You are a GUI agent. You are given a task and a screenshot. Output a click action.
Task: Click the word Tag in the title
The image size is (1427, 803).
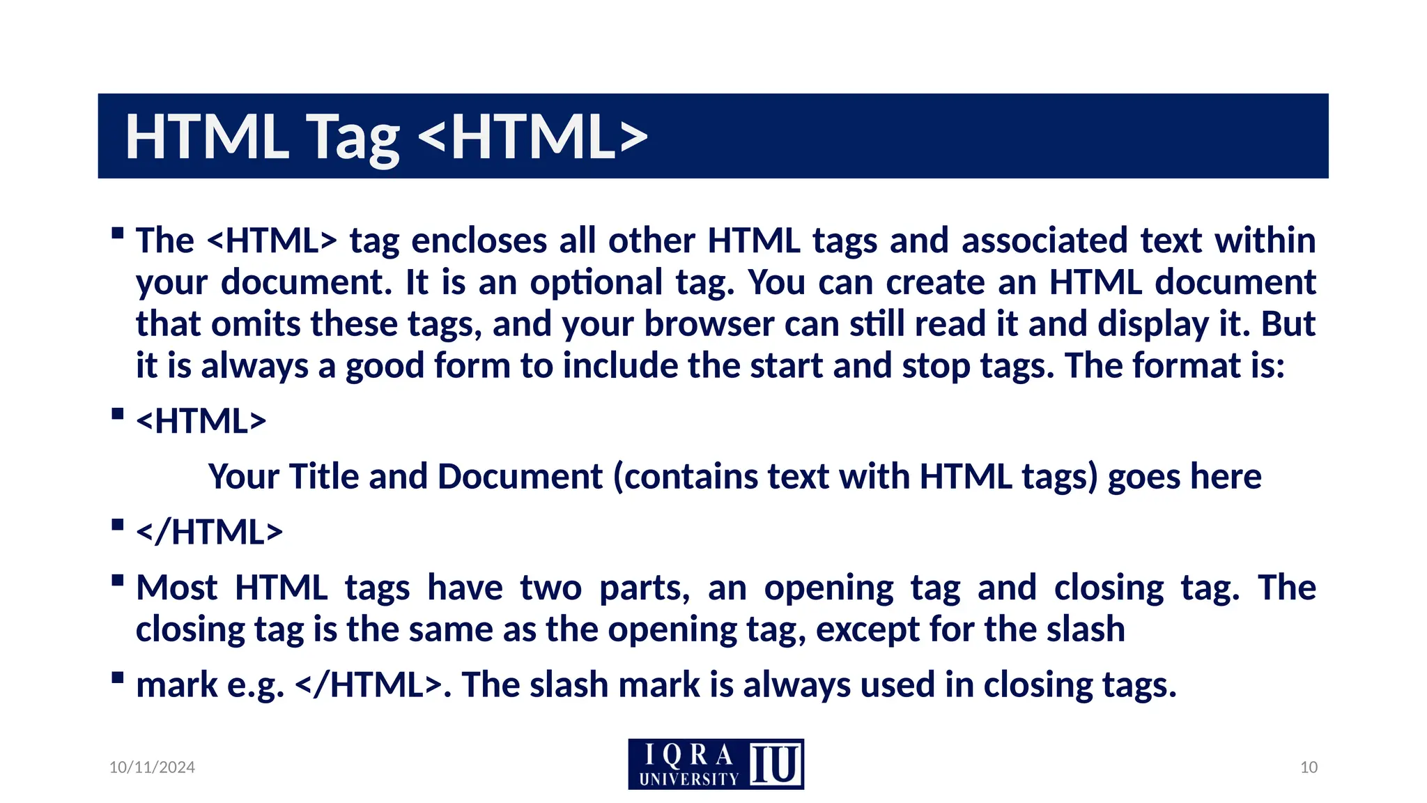click(353, 137)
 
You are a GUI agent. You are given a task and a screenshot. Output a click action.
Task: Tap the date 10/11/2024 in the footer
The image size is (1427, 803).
click(152, 767)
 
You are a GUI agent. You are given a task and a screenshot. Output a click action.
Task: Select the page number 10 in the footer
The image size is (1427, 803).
click(1309, 767)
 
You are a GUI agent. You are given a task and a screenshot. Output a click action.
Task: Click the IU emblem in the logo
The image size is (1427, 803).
click(775, 764)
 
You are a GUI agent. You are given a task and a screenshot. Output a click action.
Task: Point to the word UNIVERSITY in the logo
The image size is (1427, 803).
click(688, 779)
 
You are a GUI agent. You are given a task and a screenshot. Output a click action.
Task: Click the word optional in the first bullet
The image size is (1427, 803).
click(596, 282)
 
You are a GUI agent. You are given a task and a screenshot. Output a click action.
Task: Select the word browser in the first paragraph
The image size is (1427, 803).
click(709, 324)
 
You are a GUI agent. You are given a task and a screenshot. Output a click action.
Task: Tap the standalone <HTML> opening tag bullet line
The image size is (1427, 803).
click(201, 421)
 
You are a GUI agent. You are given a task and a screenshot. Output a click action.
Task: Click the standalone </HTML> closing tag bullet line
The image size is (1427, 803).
click(210, 532)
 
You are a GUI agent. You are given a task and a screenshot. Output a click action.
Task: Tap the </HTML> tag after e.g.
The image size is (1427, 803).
click(369, 685)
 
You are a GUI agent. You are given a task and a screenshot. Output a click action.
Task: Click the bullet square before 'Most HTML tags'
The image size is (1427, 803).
click(117, 580)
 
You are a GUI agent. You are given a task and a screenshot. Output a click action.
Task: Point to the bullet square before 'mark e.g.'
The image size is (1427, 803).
click(117, 678)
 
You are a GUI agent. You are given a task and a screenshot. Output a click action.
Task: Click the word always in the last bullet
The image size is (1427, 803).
click(797, 685)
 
